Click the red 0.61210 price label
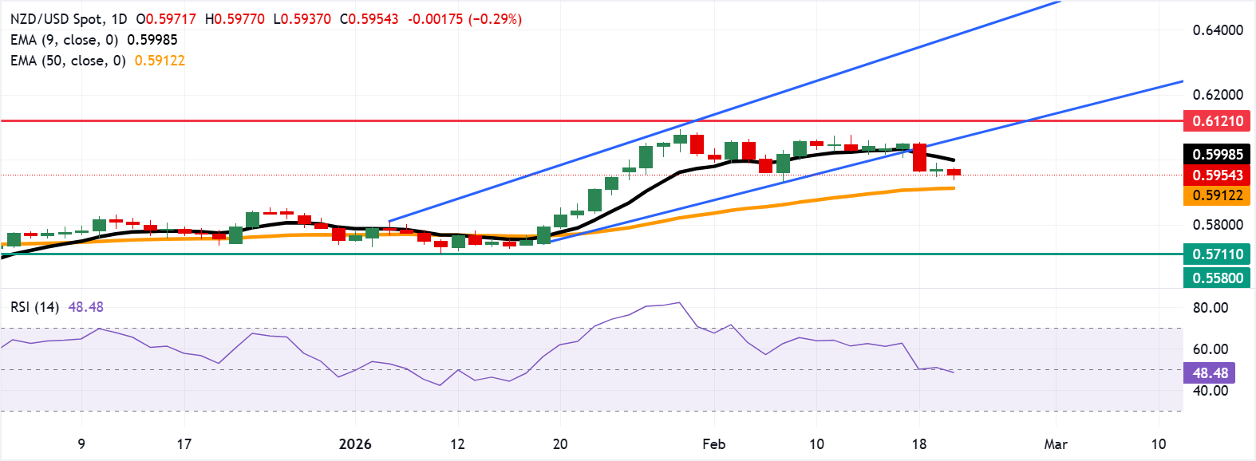click(x=1217, y=121)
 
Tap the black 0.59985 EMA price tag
click(x=1217, y=155)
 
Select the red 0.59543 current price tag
click(x=1217, y=175)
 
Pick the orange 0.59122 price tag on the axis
click(x=1217, y=195)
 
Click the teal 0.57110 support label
click(x=1217, y=254)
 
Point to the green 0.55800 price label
click(x=1217, y=278)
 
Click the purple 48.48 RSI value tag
click(x=1210, y=372)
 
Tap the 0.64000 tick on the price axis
click(x=1218, y=30)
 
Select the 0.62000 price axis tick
click(x=1218, y=94)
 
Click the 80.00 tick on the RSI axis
click(x=1210, y=308)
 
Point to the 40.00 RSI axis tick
click(x=1210, y=391)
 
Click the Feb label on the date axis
click(x=713, y=444)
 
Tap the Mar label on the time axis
click(x=1056, y=444)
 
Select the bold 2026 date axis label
click(x=355, y=444)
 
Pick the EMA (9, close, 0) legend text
click(x=65, y=40)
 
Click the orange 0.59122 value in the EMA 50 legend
click(x=160, y=61)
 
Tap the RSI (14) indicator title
click(x=34, y=307)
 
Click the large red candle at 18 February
click(x=919, y=157)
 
